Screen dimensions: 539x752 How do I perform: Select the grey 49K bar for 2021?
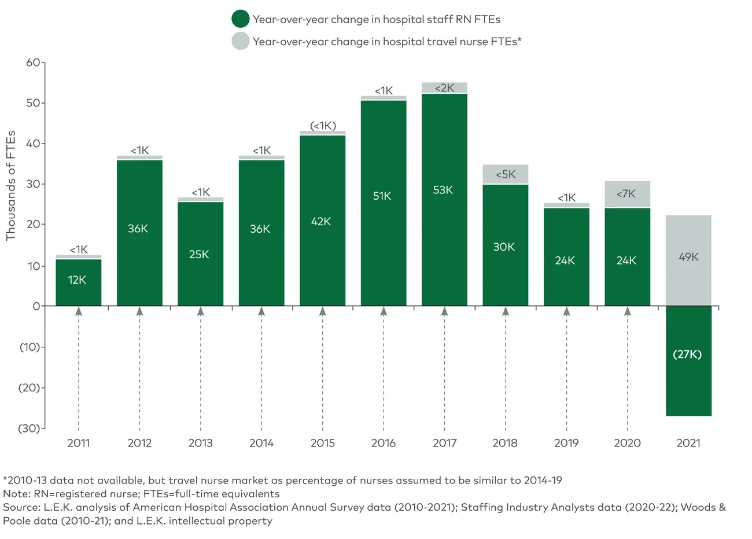pyautogui.click(x=688, y=260)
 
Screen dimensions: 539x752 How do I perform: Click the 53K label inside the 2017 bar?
pyautogui.click(x=443, y=190)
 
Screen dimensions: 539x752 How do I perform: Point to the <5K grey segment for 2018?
pyautogui.click(x=505, y=174)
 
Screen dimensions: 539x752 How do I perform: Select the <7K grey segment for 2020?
pyautogui.click(x=627, y=194)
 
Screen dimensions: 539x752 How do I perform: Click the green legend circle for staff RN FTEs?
pyautogui.click(x=240, y=19)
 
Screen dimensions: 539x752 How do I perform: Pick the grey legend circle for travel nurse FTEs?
pyautogui.click(x=240, y=42)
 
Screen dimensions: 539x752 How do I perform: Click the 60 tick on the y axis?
pyautogui.click(x=33, y=63)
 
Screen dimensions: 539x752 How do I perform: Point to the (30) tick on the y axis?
pyautogui.click(x=30, y=428)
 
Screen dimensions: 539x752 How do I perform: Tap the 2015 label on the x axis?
pyautogui.click(x=322, y=443)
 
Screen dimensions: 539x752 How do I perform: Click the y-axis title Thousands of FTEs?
pyautogui.click(x=10, y=185)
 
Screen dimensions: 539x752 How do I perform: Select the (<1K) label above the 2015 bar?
pyautogui.click(x=323, y=126)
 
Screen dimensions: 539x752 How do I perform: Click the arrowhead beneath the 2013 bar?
pyautogui.click(x=201, y=311)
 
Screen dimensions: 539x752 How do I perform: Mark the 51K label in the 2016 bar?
pyautogui.click(x=382, y=196)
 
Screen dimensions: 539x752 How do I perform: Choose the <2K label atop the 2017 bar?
pyautogui.click(x=444, y=88)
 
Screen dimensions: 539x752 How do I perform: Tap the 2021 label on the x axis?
pyautogui.click(x=688, y=443)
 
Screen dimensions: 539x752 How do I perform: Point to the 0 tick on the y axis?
pyautogui.click(x=36, y=306)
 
